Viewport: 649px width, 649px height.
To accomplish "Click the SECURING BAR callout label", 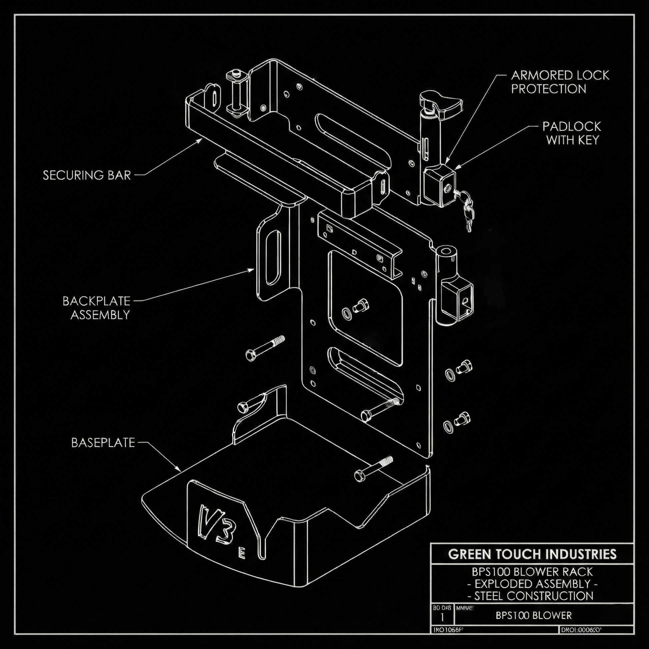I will [x=87, y=175].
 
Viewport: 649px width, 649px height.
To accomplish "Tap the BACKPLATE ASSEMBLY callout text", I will [x=96, y=308].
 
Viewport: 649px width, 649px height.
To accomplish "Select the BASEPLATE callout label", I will [x=103, y=443].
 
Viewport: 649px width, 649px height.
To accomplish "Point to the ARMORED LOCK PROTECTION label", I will [x=560, y=82].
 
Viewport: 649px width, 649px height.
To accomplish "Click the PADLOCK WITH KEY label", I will [x=572, y=133].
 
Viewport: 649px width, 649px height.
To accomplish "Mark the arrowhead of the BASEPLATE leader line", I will [x=180, y=470].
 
